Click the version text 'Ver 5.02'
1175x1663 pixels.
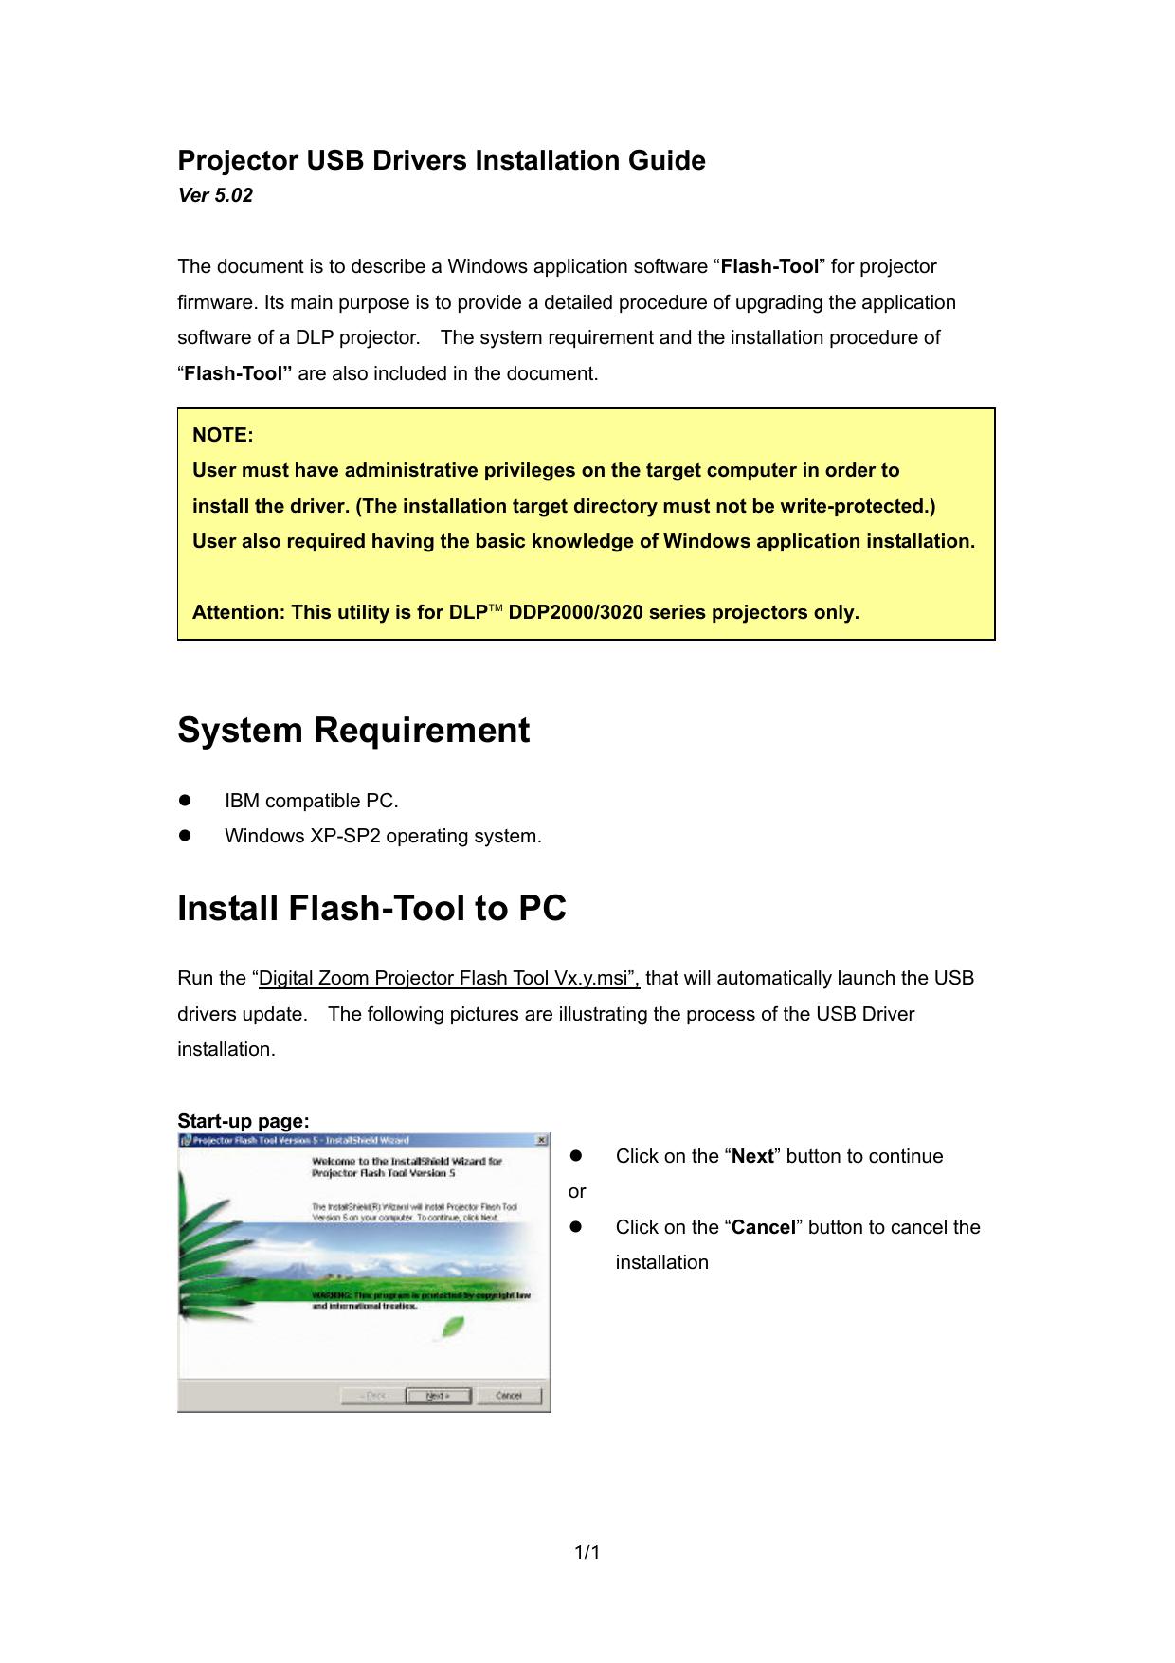215,196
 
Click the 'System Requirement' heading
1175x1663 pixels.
353,731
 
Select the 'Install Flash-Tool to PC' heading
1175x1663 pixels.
371,909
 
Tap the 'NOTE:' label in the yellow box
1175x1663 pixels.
223,435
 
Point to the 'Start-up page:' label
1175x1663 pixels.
244,1122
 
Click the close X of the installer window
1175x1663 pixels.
541,1140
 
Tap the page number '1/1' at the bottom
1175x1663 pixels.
587,1552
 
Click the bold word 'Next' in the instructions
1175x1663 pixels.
753,1157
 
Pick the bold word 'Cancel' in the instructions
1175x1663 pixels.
763,1228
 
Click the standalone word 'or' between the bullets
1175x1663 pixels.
577,1192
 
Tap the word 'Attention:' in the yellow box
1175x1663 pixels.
238,612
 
